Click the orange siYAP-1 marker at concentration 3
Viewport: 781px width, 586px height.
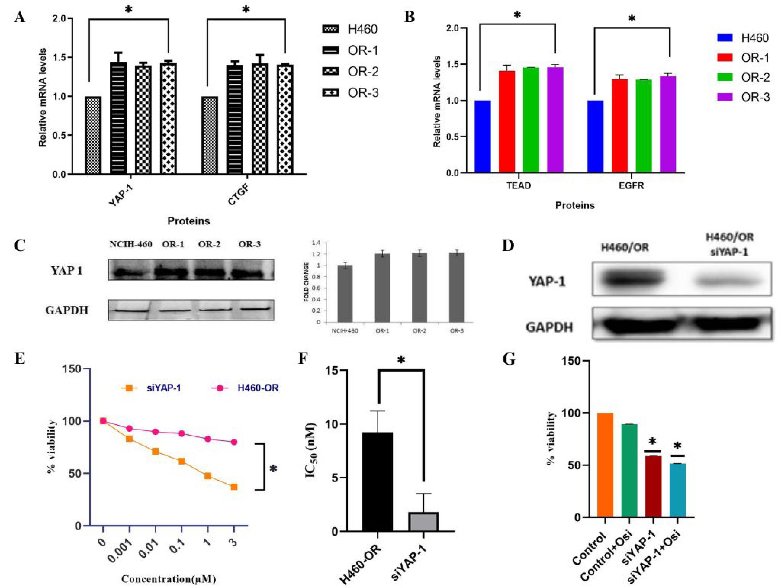(234, 487)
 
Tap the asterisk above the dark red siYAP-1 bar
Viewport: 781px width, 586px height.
(652, 441)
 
